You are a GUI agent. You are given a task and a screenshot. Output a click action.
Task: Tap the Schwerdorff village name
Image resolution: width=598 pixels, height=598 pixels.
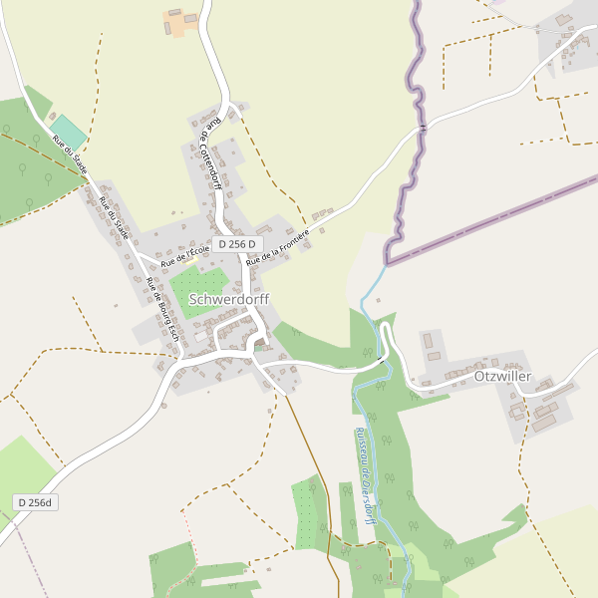(228, 298)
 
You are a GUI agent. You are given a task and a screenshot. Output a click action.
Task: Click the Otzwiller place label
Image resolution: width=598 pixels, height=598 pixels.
(503, 377)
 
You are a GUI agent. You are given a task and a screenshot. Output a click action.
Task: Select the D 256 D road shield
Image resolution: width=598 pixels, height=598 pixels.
(236, 244)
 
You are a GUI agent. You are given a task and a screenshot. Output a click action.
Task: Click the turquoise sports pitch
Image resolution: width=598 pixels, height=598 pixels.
(69, 131)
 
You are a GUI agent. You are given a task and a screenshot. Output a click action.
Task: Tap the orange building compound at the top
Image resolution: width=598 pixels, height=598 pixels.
(180, 21)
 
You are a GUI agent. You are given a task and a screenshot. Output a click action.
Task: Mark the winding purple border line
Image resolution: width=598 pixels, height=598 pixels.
(412, 149)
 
